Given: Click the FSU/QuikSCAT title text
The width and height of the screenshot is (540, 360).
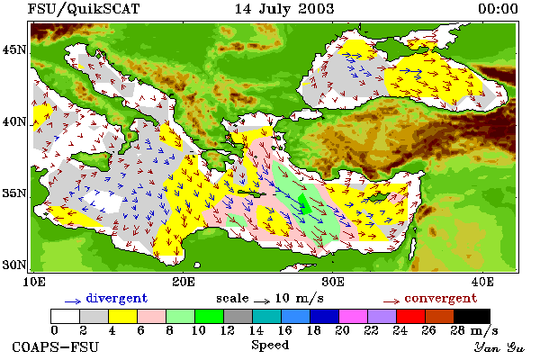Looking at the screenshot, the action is pos(84,9).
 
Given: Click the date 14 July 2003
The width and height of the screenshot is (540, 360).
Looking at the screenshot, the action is pos(284,9).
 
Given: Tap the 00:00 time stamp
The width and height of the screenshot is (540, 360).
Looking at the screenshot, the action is pos(498,9).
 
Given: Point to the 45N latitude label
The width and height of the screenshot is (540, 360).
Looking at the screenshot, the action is pos(14,50).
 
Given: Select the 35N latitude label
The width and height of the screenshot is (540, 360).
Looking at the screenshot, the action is pos(14,193).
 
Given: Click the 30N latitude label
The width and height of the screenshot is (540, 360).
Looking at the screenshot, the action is pos(14,265).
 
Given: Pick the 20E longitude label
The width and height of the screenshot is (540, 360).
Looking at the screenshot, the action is pos(184,282).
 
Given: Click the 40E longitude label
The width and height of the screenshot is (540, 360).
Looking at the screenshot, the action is pos(482,282).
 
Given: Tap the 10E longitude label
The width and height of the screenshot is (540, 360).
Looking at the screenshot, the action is pos(34,282).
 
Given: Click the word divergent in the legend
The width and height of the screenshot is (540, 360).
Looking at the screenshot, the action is pos(117,298).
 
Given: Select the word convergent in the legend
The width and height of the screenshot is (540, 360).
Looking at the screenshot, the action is pos(441,298).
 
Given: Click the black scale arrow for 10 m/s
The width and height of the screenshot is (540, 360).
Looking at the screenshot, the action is pos(262,301).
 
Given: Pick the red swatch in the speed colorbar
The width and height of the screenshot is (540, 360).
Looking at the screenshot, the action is pos(410,316).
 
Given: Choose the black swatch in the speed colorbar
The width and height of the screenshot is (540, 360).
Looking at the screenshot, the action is pos(472,316).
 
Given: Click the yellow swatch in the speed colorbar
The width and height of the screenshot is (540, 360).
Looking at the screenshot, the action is pos(123,316).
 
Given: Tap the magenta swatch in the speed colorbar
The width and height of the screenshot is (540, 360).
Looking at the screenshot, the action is pos(353,316).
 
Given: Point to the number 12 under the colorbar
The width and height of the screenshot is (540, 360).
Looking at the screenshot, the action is pos(228,330).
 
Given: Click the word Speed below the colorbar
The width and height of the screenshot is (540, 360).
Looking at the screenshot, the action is pos(270,346).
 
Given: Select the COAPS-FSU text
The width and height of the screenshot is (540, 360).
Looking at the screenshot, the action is pos(55,347).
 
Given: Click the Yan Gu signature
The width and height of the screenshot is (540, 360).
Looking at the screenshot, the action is pos(499,347).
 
